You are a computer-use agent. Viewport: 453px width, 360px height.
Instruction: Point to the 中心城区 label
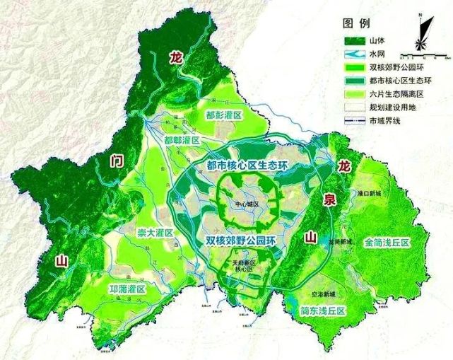[248, 204]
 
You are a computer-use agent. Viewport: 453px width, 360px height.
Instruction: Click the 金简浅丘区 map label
[388, 242]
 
